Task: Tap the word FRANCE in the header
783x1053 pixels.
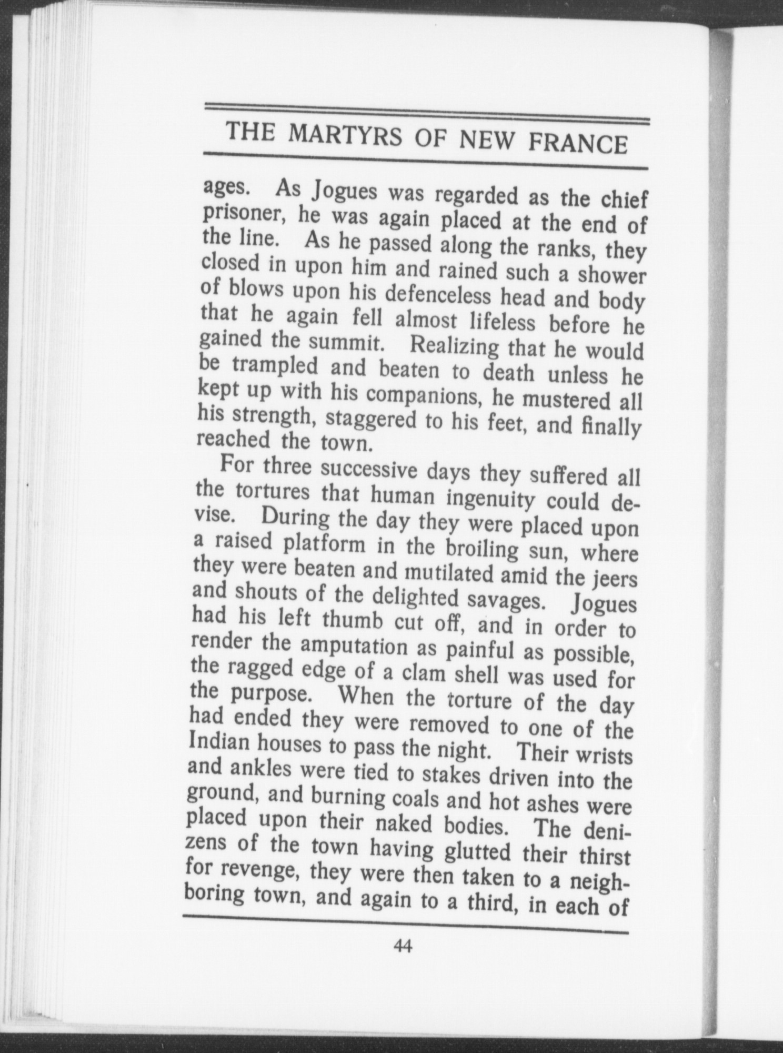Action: (578, 143)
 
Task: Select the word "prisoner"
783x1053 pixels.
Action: (246, 214)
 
